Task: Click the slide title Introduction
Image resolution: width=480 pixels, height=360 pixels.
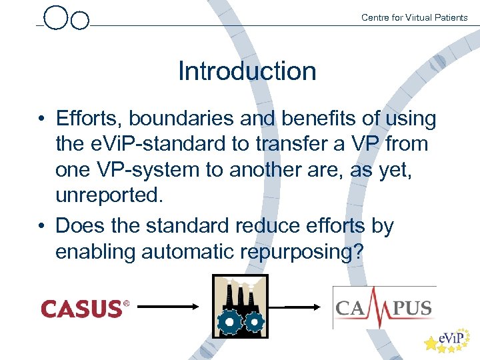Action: (x=247, y=71)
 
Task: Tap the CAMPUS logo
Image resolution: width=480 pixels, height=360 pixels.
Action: (x=384, y=307)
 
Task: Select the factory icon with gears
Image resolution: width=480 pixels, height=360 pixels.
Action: (x=239, y=306)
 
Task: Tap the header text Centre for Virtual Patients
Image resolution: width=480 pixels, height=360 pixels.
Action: (x=414, y=17)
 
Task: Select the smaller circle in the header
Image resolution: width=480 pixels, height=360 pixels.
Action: (x=79, y=21)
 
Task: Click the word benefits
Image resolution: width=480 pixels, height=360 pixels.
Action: (x=315, y=119)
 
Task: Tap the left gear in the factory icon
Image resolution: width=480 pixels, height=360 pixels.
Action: (x=229, y=322)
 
